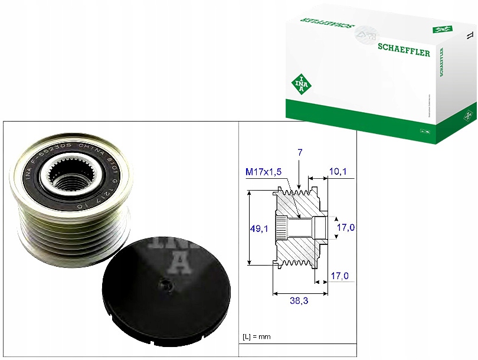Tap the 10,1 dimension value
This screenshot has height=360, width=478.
coord(338,172)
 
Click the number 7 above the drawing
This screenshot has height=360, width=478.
coord(300,153)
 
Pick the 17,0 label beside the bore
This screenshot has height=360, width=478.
coord(345,227)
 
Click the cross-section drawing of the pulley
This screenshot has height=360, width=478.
coord(299,227)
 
